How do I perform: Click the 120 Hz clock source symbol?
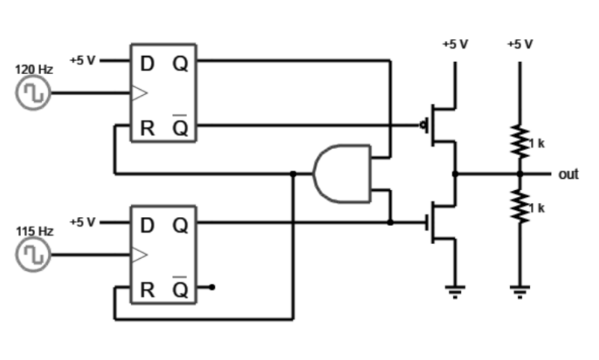(33, 94)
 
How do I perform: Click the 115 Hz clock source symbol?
(33, 254)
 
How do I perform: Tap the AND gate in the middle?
(341, 174)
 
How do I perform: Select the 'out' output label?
(568, 174)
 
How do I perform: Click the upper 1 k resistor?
(519, 140)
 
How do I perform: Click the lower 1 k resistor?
(519, 205)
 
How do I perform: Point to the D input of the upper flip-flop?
(147, 64)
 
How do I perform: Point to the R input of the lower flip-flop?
(147, 290)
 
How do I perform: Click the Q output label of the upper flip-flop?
(180, 64)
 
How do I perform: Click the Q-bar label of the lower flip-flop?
(180, 289)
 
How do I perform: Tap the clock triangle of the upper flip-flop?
(140, 94)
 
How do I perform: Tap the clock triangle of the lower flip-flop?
(140, 255)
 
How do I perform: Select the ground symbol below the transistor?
(454, 290)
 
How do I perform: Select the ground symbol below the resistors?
(519, 290)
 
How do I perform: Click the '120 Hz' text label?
(34, 69)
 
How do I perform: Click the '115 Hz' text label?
(34, 231)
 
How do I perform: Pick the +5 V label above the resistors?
(519, 44)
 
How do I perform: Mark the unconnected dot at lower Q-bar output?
(213, 287)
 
